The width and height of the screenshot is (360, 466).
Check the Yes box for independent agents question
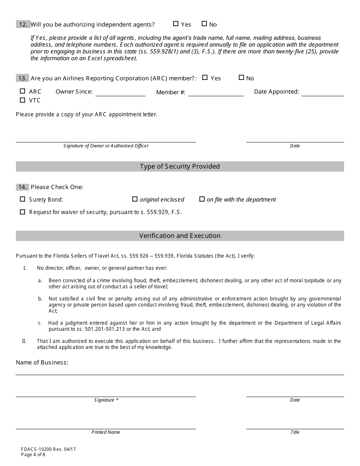click(x=175, y=24)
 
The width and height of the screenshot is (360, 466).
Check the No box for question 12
click(x=204, y=24)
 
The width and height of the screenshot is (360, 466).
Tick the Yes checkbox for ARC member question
click(x=205, y=78)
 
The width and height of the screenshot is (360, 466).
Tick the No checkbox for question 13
click(x=241, y=78)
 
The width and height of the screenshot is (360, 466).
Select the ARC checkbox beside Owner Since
click(x=22, y=91)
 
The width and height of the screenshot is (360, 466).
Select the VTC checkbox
click(x=22, y=100)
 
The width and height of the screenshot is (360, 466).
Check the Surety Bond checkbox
click(x=22, y=199)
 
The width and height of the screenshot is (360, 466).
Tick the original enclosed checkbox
click(x=135, y=199)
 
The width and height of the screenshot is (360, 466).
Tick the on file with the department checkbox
click(x=202, y=199)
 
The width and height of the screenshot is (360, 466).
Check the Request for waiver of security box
click(x=22, y=212)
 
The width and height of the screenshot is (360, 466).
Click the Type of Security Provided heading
click(x=180, y=166)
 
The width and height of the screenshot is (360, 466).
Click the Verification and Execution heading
click(x=180, y=236)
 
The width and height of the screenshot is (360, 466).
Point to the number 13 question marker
click(x=22, y=78)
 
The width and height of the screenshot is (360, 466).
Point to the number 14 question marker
click(x=22, y=187)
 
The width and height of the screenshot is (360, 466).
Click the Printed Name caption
click(x=106, y=432)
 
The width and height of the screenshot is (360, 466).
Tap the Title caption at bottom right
click(x=295, y=432)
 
